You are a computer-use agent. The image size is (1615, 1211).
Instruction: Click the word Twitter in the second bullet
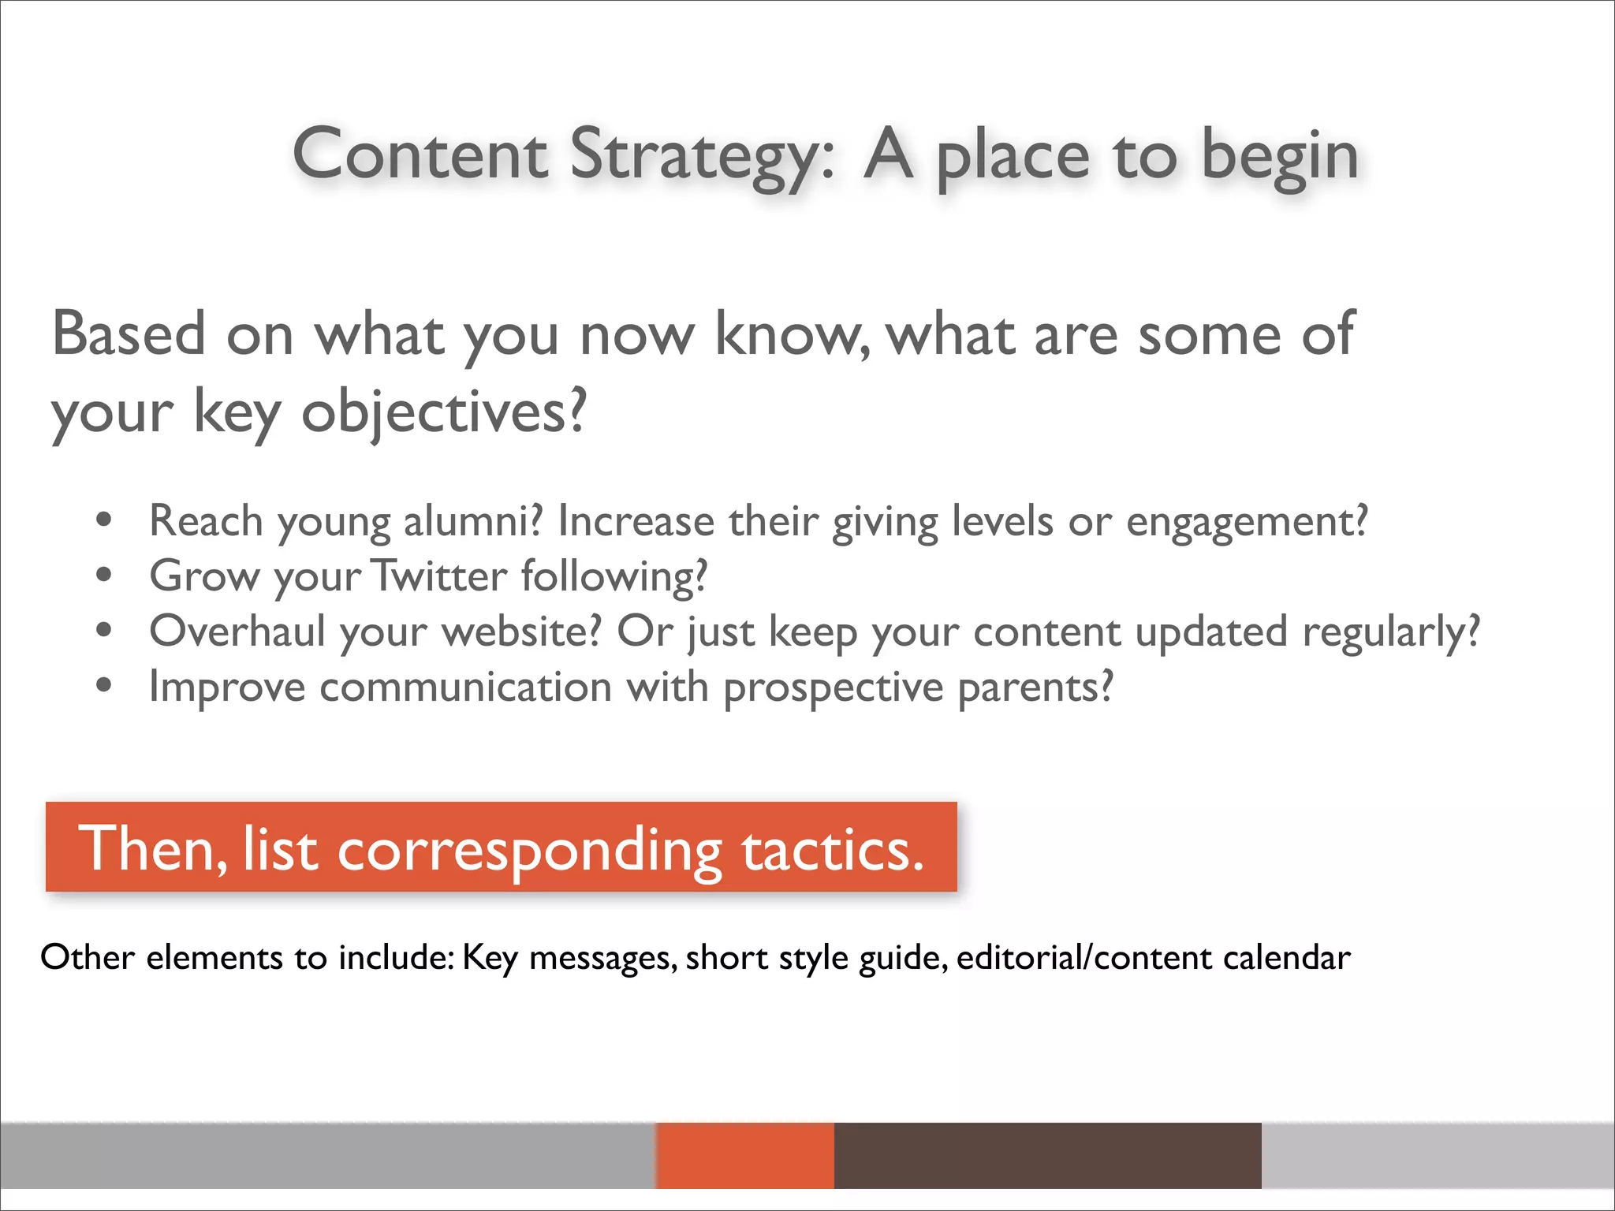439,576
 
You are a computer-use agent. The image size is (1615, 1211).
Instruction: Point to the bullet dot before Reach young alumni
103,520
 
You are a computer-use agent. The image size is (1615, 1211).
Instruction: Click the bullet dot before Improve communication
103,686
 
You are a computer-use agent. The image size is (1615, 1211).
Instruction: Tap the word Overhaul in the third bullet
237,632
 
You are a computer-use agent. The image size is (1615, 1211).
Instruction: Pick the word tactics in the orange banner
831,850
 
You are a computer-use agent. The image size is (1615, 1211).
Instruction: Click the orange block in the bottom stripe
744,1155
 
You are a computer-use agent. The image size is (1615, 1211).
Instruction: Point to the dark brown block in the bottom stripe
1047,1155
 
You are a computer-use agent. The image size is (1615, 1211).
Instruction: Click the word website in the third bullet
520,632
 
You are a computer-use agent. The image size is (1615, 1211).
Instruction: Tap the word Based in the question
129,334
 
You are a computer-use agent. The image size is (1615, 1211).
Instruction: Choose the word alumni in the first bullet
472,521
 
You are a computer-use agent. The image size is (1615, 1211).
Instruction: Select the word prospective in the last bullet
833,687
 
